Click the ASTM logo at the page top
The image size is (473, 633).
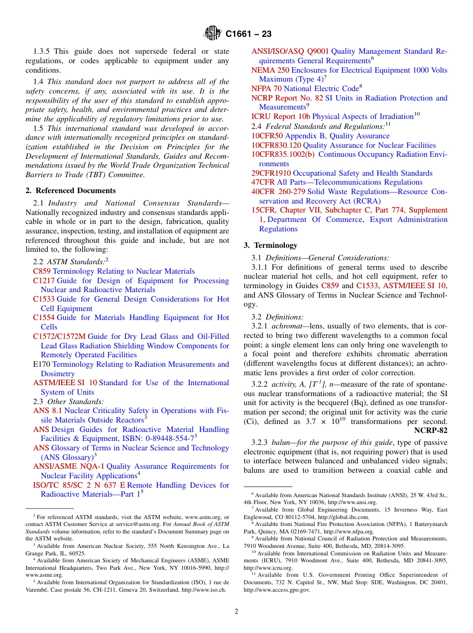coord(213,33)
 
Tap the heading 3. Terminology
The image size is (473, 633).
coord(270,245)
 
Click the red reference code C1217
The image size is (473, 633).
coord(44,281)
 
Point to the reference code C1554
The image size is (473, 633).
coord(44,317)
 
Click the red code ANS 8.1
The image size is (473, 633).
coord(47,411)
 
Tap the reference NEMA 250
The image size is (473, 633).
coord(270,70)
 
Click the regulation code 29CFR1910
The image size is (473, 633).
coord(271,173)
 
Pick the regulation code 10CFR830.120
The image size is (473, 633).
coord(276,145)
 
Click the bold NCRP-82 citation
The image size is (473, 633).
coord(431,430)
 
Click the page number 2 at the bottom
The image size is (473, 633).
coord(236,612)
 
